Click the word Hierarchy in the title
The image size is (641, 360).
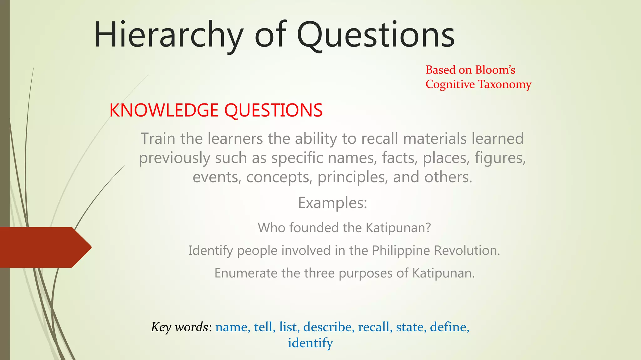168,35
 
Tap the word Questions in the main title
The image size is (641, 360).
375,35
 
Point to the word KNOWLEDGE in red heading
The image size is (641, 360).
164,110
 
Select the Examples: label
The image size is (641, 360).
332,203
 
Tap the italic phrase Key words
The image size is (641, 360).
180,327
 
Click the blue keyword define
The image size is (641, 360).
449,327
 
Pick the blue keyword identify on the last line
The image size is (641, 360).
310,343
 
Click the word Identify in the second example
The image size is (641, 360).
211,251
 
